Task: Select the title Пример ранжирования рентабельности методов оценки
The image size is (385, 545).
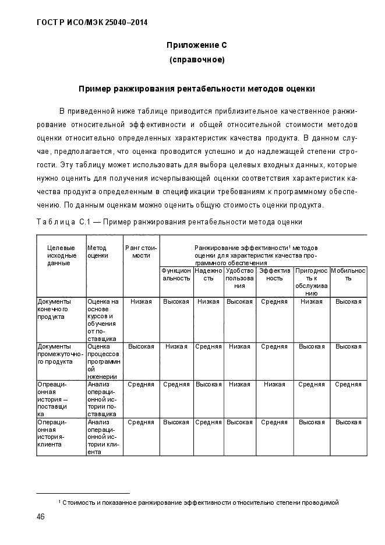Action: [x=197, y=90]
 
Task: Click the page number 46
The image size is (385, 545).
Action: [x=41, y=517]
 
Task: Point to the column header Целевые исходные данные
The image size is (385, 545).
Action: [x=61, y=255]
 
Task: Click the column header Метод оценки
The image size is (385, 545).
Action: [x=98, y=251]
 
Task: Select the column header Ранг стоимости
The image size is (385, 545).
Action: [x=141, y=251]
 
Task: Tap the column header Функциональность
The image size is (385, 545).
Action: [x=176, y=275]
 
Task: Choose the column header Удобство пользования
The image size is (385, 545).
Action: [x=239, y=278]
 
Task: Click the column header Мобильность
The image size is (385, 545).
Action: [x=348, y=275]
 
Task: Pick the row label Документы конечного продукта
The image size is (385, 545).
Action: [x=54, y=309]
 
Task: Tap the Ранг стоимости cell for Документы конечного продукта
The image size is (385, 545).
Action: [x=141, y=301]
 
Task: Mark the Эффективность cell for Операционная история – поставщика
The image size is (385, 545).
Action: [x=274, y=384]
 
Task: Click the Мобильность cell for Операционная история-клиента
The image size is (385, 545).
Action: [x=348, y=421]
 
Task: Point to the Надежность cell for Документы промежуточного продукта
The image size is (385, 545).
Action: [x=208, y=346]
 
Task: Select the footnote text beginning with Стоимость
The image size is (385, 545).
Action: [x=199, y=502]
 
